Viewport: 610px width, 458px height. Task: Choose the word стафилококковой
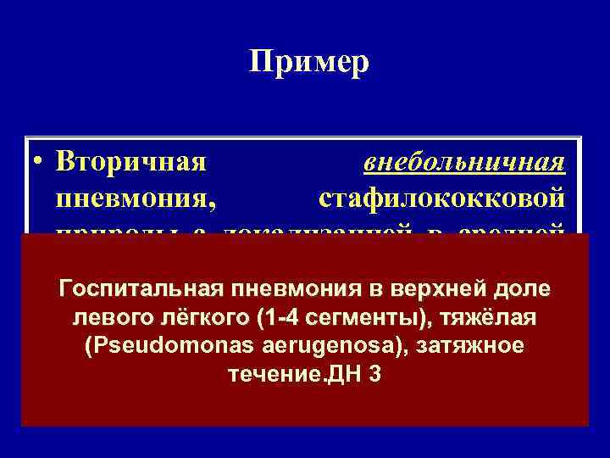442,199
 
